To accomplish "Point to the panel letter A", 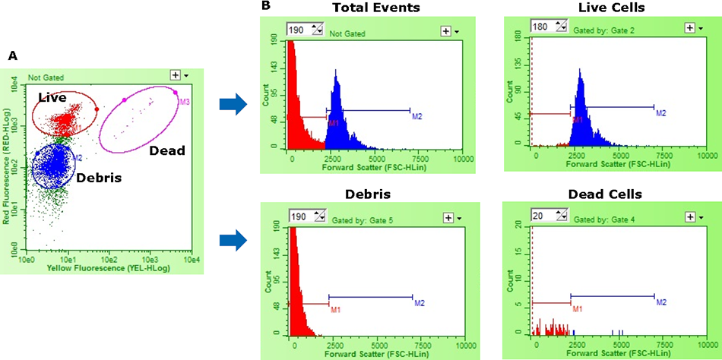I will pyautogui.click(x=12, y=56).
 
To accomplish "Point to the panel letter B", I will pyautogui.click(x=265, y=7).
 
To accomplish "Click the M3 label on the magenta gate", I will pyautogui.click(x=185, y=100).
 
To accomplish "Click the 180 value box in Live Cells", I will pyautogui.click(x=542, y=27).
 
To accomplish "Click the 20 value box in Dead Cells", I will pyautogui.click(x=540, y=216).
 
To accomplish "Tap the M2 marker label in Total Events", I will pyautogui.click(x=416, y=116).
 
